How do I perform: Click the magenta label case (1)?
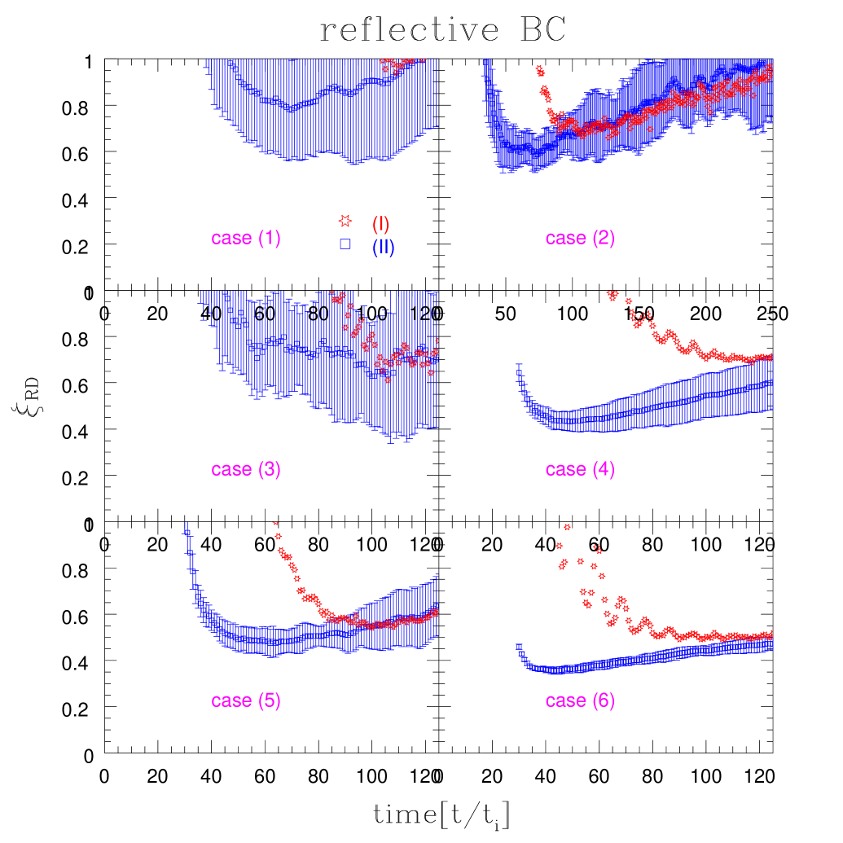point(246,238)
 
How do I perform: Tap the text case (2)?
point(580,238)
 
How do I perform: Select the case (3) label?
point(246,469)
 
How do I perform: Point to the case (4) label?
point(580,469)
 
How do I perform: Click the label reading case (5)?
point(246,700)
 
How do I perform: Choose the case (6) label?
point(580,700)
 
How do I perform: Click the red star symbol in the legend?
point(345,221)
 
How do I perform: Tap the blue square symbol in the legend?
point(345,244)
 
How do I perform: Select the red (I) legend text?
point(380,224)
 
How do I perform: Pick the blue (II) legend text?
point(384,247)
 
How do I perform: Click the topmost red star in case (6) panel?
point(567,526)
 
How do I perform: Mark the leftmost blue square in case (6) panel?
point(519,647)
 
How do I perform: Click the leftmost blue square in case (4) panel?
point(519,373)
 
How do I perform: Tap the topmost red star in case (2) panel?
point(538,69)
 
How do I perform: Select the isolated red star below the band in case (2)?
point(651,129)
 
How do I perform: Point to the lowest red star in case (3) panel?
point(388,380)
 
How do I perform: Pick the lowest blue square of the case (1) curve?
point(290,109)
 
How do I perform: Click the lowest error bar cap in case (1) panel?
point(353,165)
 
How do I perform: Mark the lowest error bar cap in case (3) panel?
point(391,442)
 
